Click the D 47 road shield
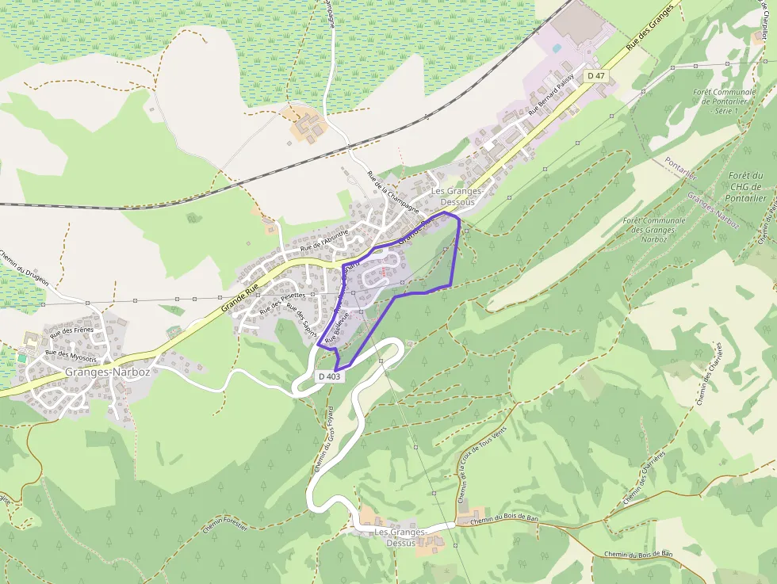(x=596, y=75)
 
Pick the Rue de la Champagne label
(x=392, y=193)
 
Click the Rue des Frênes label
(x=72, y=330)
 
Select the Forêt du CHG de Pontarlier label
(x=745, y=187)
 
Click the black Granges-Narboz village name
(x=108, y=371)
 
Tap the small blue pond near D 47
(x=557, y=48)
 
